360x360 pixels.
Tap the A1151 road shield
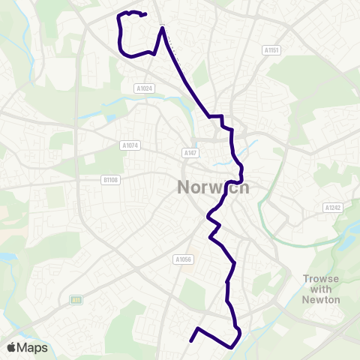click(x=271, y=50)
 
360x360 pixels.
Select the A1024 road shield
click(x=144, y=88)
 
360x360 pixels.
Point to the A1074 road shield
click(x=130, y=145)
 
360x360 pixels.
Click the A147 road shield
click(x=190, y=152)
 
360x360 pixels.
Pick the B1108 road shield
click(x=111, y=179)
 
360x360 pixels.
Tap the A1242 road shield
click(x=332, y=207)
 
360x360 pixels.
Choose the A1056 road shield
click(x=184, y=259)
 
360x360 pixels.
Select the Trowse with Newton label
click(x=322, y=289)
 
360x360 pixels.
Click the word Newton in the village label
click(x=322, y=299)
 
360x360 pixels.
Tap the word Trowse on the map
click(x=322, y=278)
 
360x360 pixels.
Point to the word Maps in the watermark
click(x=33, y=348)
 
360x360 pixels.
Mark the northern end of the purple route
click(x=144, y=14)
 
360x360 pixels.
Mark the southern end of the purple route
click(x=190, y=341)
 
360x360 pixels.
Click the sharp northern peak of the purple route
click(x=161, y=28)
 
